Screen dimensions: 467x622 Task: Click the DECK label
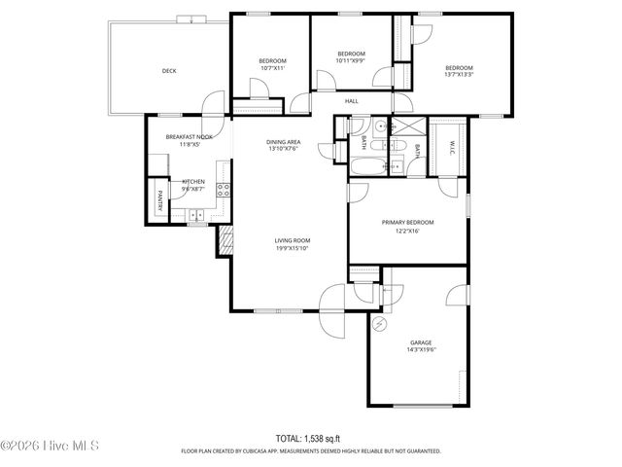[x=169, y=70]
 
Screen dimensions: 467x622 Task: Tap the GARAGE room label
[x=420, y=342]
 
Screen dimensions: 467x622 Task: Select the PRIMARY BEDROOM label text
[x=407, y=223]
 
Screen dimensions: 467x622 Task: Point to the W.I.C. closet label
[x=451, y=146]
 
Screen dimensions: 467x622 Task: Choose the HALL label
[x=352, y=100]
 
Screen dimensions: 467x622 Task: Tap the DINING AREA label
[x=283, y=143]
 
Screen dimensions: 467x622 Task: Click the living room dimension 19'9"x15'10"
[x=291, y=248]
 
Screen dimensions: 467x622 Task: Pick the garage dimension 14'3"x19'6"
[x=420, y=351]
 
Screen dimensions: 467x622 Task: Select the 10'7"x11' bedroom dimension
[x=271, y=69]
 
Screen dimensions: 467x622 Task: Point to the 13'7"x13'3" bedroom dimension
[x=459, y=75]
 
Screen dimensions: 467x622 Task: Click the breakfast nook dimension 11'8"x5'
[x=189, y=145]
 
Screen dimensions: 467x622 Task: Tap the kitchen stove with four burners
[x=224, y=190]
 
